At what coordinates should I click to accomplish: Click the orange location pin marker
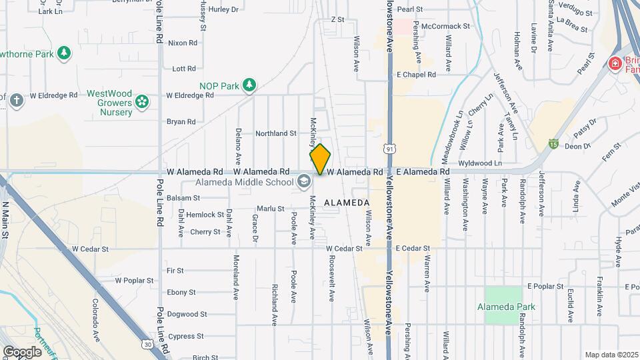tap(321, 159)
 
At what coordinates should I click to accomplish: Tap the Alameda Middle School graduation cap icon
tap(303, 182)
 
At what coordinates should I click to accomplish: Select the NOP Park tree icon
tap(249, 85)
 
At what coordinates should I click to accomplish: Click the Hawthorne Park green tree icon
tap(64, 53)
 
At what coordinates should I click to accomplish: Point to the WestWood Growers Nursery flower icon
tap(141, 101)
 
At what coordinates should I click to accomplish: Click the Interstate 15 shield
tap(553, 143)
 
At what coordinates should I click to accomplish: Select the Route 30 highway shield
tap(147, 344)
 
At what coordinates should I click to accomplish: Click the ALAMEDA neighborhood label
tap(347, 202)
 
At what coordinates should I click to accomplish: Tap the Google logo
tap(22, 351)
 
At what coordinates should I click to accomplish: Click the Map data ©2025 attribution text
tap(611, 355)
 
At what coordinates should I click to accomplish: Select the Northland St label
tap(276, 133)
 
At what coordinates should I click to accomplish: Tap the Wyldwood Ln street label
tap(480, 163)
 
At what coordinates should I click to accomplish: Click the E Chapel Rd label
tap(416, 75)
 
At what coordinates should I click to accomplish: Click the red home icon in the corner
tap(615, 63)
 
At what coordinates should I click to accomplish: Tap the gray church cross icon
tap(17, 101)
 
